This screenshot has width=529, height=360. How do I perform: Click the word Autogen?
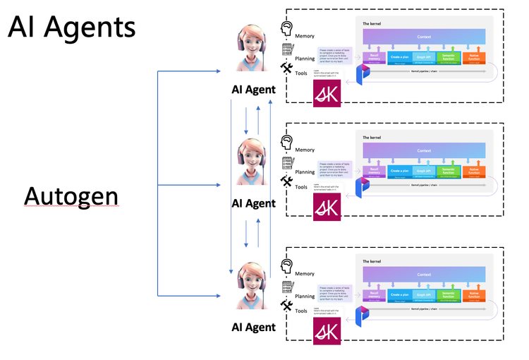pyautogui.click(x=71, y=196)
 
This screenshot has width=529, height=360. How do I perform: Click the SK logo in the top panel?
pyautogui.click(x=327, y=92)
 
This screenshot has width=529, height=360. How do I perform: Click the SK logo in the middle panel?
pyautogui.click(x=327, y=205)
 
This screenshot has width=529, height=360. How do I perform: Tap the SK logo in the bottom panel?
pyautogui.click(x=327, y=330)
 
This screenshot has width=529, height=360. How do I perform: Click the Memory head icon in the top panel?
pyautogui.click(x=287, y=29)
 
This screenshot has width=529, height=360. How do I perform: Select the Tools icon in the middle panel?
pyautogui.click(x=287, y=181)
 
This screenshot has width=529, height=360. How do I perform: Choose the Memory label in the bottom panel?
pyautogui.click(x=305, y=273)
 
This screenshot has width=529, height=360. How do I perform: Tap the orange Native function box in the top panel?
pyautogui.click(x=474, y=56)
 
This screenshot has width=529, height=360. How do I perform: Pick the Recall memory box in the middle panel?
pyautogui.click(x=375, y=171)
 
